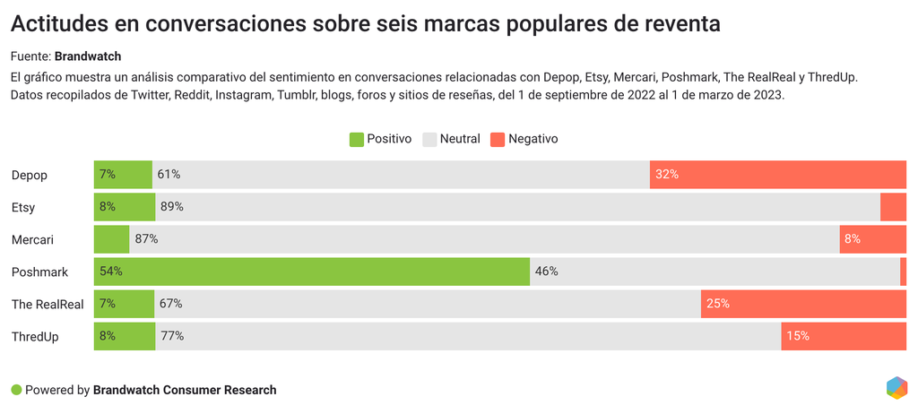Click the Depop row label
[x=29, y=175]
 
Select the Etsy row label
[x=23, y=207]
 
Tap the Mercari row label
[x=32, y=239]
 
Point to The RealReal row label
[x=48, y=304]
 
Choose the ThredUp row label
[x=35, y=336]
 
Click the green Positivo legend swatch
[x=356, y=139]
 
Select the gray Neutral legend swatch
[x=429, y=139]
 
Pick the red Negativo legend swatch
[x=498, y=139]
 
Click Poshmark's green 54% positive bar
[x=312, y=272]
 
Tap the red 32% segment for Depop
[x=778, y=175]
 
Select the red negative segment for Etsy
[x=893, y=207]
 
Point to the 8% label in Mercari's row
[x=852, y=239]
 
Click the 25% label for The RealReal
[x=717, y=304]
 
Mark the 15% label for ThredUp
[x=798, y=336]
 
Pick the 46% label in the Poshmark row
[x=547, y=272]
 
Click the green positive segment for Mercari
[x=111, y=239]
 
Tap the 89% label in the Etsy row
[x=172, y=207]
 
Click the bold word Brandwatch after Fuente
[x=88, y=56]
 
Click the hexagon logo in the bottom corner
[x=896, y=388]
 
